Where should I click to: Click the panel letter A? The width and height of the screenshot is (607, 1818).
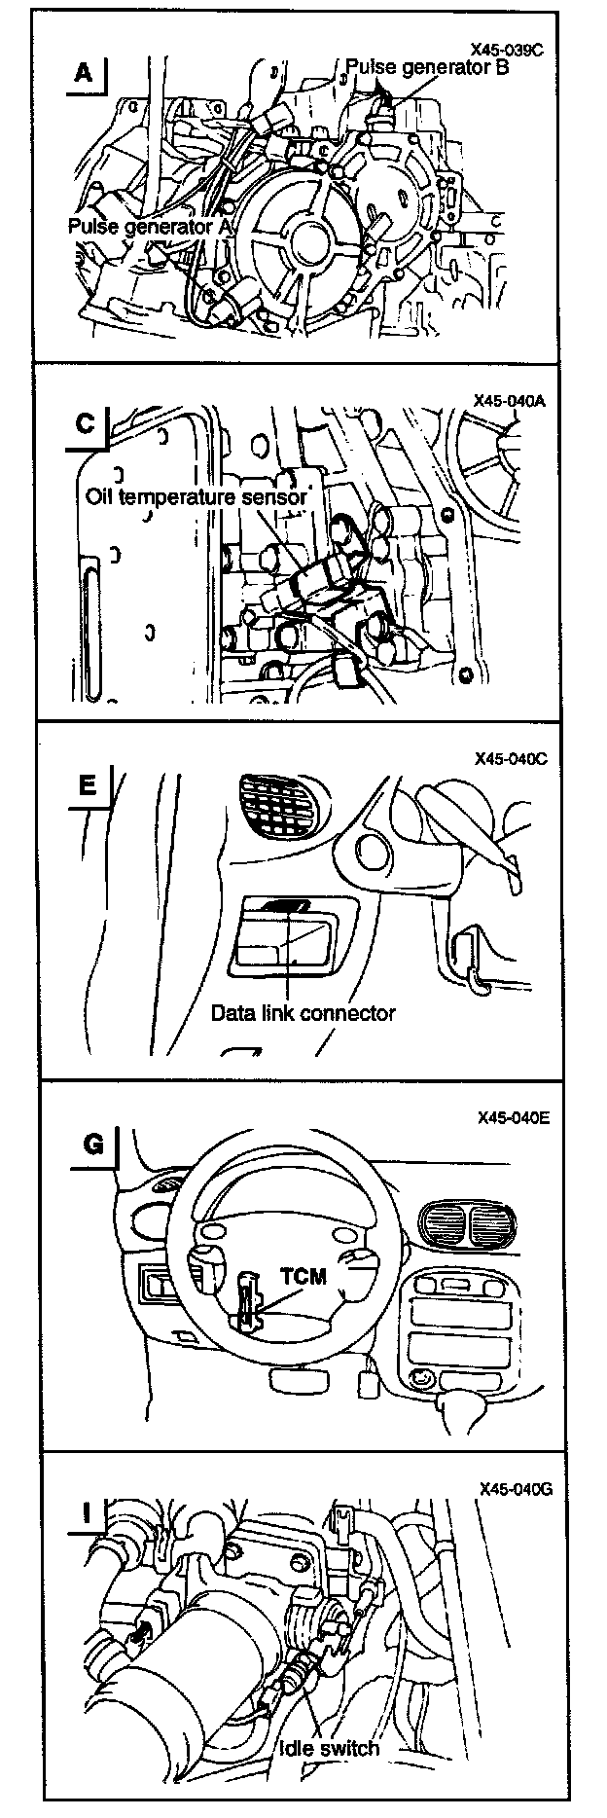click(85, 73)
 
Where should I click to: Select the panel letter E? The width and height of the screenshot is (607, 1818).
click(88, 784)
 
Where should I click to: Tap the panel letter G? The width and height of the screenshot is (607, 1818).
click(92, 1144)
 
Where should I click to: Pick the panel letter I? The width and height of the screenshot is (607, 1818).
click(88, 1513)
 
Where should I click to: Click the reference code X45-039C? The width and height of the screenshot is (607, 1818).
click(506, 50)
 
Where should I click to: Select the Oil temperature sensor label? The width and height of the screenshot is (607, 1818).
click(196, 496)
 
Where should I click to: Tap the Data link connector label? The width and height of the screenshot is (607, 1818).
click(303, 1012)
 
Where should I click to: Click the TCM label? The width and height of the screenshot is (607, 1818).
click(303, 1275)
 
